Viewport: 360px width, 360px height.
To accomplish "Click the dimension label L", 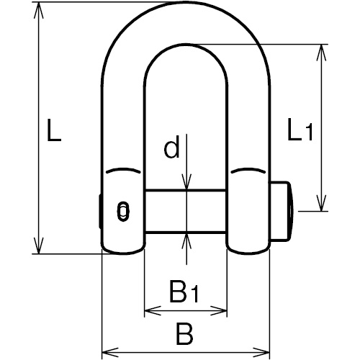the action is [x=54, y=130].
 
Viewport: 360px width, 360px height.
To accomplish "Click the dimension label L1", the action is [x=300, y=129].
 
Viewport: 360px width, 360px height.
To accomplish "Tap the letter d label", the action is [x=171, y=146].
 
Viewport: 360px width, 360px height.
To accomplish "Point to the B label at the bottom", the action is [x=185, y=334].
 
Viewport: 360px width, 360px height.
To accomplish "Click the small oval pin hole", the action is [x=123, y=211].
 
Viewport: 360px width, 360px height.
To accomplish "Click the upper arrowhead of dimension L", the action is [x=38, y=11].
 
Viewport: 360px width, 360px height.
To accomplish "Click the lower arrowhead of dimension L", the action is [x=38, y=246].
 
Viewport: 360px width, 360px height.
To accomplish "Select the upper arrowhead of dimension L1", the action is [x=321, y=53].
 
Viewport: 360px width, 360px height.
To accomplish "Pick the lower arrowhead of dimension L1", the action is [x=321, y=203].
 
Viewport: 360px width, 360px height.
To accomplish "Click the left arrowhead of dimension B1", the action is [x=153, y=310].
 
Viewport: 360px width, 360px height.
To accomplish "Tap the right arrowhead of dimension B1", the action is [x=219, y=310].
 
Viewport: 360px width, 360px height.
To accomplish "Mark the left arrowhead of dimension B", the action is [x=110, y=353].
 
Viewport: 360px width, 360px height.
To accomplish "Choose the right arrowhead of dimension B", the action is [x=261, y=353].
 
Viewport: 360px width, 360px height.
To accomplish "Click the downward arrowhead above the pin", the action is [x=186, y=181].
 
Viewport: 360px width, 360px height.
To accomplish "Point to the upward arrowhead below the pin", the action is [x=186, y=240].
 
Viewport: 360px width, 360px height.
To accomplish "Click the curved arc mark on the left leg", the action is [x=123, y=170].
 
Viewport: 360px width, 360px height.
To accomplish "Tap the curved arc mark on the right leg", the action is [x=248, y=170].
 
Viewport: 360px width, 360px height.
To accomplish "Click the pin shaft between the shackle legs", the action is [x=166, y=211].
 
